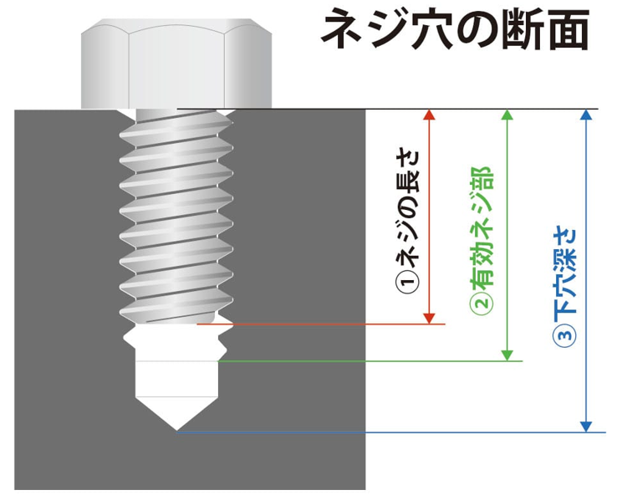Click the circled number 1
tap(406, 284)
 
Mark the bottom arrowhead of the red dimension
tap(430, 317)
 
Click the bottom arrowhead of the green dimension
tap(507, 355)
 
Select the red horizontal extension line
tap(326, 324)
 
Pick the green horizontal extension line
tap(368, 361)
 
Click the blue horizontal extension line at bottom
tap(385, 432)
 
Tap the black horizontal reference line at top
tap(385, 110)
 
